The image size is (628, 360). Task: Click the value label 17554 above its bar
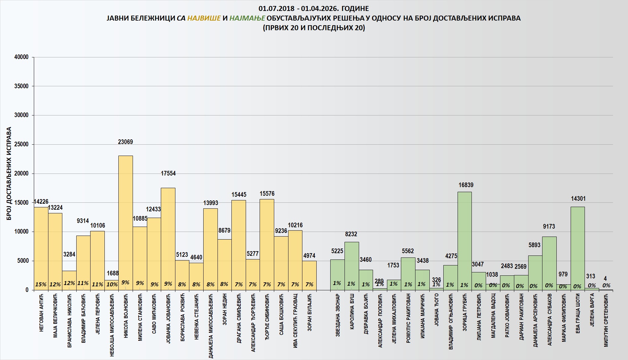pos(168,173)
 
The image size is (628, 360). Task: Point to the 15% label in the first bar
pos(41,284)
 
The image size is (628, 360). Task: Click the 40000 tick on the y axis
pos(22,57)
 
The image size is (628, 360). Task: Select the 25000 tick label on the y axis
pos(22,144)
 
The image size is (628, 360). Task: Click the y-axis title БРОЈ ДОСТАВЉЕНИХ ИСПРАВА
pos(9,173)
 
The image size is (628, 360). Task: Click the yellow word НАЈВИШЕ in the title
pos(204,18)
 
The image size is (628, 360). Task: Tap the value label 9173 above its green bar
pos(549,226)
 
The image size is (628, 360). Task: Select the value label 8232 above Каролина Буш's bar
pos(351,234)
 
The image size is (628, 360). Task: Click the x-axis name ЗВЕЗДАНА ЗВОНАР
pos(338,315)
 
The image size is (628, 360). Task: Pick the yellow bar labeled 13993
pos(211,249)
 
